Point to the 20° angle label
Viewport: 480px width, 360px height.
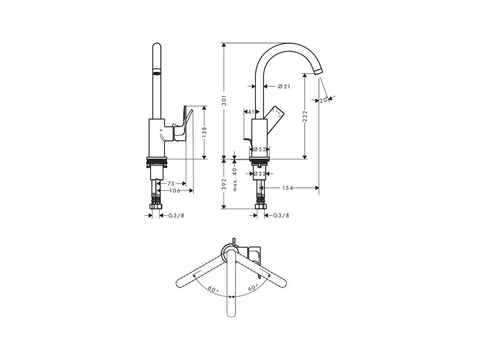[x=323, y=100]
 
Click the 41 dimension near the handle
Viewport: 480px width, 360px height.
[x=250, y=112]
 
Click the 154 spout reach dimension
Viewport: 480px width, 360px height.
[x=288, y=188]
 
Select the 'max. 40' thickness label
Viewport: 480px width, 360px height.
[x=236, y=179]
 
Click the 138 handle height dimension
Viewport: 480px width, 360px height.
[x=205, y=133]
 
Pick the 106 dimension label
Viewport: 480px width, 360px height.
[x=174, y=191]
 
